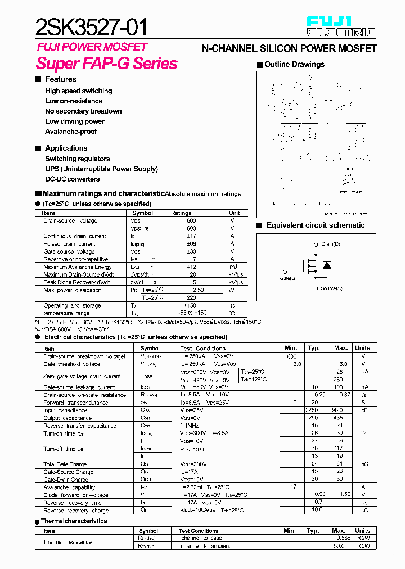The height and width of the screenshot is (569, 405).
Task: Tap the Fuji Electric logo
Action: (340, 26)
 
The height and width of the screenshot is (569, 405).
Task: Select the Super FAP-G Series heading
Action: (107, 64)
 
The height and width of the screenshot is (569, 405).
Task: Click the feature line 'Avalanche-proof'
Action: (71, 132)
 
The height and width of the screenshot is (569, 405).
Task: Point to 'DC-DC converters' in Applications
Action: (73, 179)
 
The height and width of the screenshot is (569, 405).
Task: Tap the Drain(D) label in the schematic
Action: (331, 244)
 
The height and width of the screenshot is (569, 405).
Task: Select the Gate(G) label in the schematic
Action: (288, 278)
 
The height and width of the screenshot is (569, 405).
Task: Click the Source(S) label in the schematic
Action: (331, 288)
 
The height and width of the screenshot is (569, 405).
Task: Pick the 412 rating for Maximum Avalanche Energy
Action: (191, 267)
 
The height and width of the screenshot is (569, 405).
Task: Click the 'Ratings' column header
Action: (181, 213)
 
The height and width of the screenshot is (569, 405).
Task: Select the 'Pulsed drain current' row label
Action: (69, 244)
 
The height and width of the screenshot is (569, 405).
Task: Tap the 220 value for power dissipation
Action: (191, 298)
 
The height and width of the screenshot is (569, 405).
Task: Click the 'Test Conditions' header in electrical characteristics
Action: (202, 349)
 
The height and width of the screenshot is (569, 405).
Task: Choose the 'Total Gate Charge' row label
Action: (65, 464)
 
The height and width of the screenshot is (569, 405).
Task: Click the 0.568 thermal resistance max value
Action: (343, 538)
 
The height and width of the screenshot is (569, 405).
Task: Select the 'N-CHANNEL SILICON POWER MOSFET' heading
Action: (289, 49)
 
